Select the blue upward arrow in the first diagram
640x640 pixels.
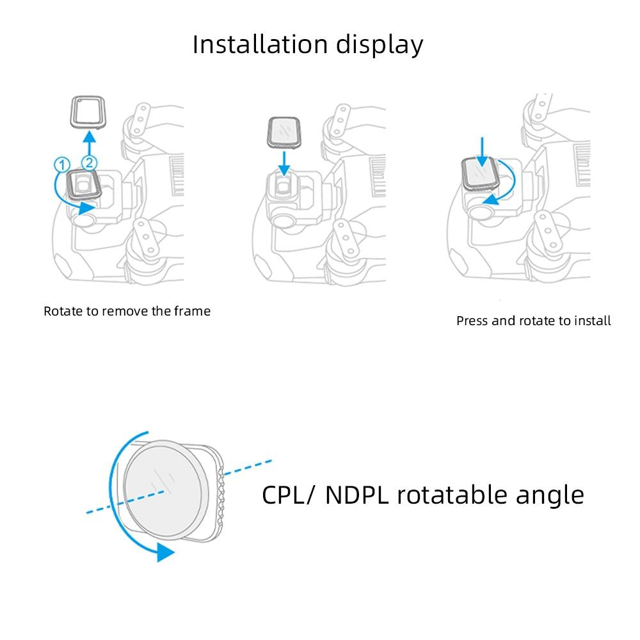tap(90, 141)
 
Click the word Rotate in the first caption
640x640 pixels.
tap(63, 312)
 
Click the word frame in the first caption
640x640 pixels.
tap(193, 312)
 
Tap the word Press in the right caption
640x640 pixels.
tap(472, 321)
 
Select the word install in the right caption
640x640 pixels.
tap(593, 321)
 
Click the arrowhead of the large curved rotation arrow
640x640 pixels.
tap(165, 553)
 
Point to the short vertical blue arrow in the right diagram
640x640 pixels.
tap(483, 147)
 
